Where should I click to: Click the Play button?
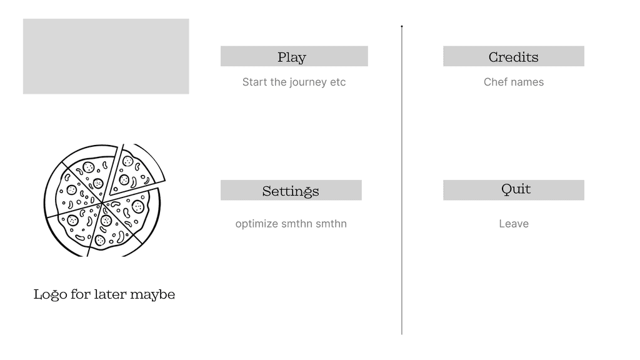pos(294,56)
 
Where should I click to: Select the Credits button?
pos(513,56)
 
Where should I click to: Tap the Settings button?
pos(291,191)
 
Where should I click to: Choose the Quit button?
pos(513,190)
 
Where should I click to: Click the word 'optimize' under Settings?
pos(256,224)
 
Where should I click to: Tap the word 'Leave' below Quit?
pos(514,224)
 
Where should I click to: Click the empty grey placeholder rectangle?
pos(106,56)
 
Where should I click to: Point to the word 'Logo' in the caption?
pos(50,294)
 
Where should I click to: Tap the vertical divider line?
pos(402,187)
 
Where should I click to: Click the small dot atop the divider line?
pos(402,26)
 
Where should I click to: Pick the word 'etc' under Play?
pos(337,82)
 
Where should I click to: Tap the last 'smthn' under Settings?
pos(331,224)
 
